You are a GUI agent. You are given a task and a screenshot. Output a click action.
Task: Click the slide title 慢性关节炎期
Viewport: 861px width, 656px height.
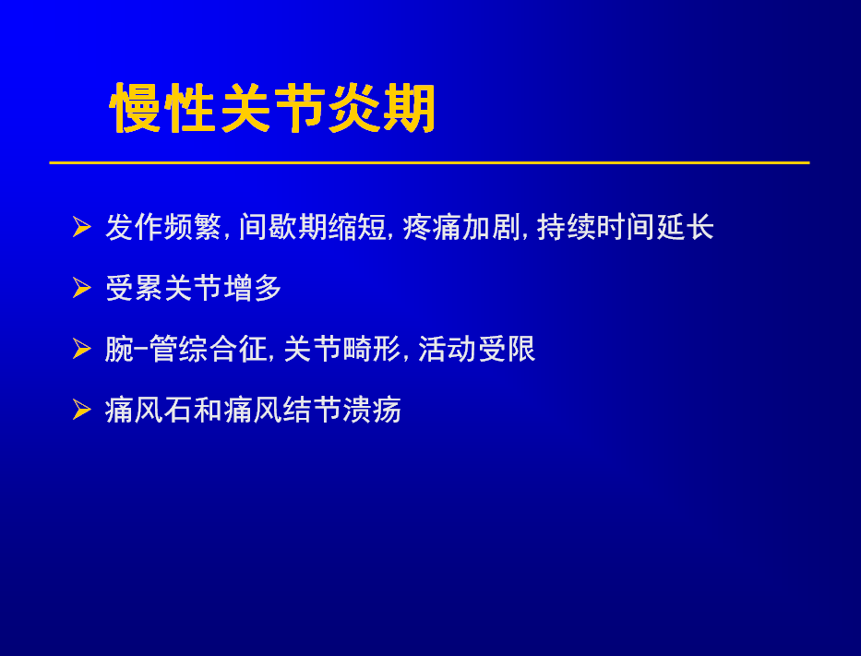tap(273, 108)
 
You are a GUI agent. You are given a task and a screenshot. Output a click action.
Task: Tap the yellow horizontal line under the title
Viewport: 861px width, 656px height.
tap(429, 162)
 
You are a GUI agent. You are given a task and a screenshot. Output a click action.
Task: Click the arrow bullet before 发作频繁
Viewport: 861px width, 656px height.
tap(82, 227)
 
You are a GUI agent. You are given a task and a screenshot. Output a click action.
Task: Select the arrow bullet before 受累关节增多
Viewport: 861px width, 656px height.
tap(82, 288)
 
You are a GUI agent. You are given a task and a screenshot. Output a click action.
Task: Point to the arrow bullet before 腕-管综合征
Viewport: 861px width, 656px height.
tap(82, 349)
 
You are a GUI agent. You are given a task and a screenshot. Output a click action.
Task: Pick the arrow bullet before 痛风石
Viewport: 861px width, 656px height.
tap(82, 410)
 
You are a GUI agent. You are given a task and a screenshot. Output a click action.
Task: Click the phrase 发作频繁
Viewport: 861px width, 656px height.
tap(163, 227)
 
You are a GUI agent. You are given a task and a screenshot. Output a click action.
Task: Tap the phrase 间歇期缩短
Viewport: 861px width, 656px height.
tap(313, 227)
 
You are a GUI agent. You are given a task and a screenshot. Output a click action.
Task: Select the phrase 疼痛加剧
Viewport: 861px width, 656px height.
tap(460, 227)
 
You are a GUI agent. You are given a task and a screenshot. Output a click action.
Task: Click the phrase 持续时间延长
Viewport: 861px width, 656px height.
tap(625, 227)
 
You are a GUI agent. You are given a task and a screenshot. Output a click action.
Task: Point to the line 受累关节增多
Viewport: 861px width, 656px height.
tap(193, 288)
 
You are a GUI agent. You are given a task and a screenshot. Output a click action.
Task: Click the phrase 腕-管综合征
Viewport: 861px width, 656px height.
tap(185, 349)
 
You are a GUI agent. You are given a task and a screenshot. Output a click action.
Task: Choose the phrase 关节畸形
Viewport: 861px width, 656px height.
tap(342, 349)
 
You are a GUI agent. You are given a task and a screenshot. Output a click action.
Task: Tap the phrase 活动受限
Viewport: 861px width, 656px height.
tap(476, 349)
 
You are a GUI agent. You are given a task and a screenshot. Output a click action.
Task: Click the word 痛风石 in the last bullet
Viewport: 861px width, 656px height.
tap(149, 410)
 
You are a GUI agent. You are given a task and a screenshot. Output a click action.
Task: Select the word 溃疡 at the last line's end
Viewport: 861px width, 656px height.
tap(372, 410)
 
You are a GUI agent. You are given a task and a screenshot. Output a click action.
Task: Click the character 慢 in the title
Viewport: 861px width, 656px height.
tap(137, 108)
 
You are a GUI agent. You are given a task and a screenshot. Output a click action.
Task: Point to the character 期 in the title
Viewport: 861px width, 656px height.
tap(410, 108)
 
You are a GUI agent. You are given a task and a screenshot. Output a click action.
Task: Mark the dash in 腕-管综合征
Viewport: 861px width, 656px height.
tap(141, 348)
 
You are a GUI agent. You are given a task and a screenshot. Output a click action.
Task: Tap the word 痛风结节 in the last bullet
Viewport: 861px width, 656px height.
tap(282, 410)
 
